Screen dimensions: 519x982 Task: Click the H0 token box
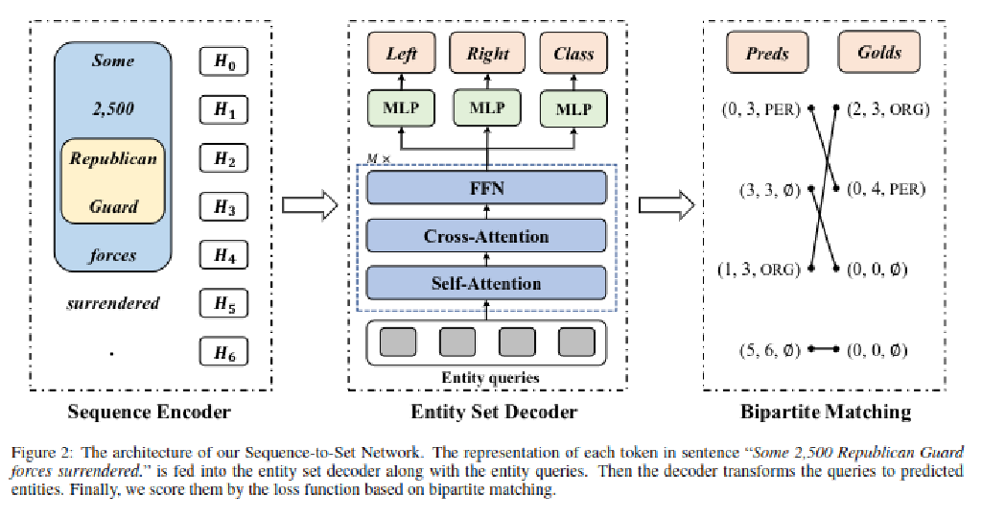tap(224, 62)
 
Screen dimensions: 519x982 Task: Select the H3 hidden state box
tap(224, 206)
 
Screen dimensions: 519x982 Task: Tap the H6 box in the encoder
tap(224, 352)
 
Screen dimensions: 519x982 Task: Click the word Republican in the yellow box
tap(113, 158)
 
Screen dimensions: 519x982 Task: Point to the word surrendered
tap(113, 304)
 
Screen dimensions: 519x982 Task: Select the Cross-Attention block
tap(487, 236)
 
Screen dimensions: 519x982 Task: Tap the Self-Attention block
tap(487, 283)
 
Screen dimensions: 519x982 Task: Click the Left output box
tap(401, 54)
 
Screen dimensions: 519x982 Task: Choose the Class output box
tap(573, 54)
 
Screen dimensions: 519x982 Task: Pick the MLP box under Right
tap(487, 107)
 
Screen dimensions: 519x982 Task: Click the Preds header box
tap(767, 54)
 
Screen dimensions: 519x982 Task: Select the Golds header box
tap(877, 54)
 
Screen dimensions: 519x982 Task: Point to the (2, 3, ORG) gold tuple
tap(887, 109)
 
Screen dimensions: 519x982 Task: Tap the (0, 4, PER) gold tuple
tap(887, 190)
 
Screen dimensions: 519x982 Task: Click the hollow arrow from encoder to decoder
tap(317, 204)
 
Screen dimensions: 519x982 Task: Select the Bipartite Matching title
tap(826, 413)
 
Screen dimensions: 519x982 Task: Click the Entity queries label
tap(490, 377)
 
